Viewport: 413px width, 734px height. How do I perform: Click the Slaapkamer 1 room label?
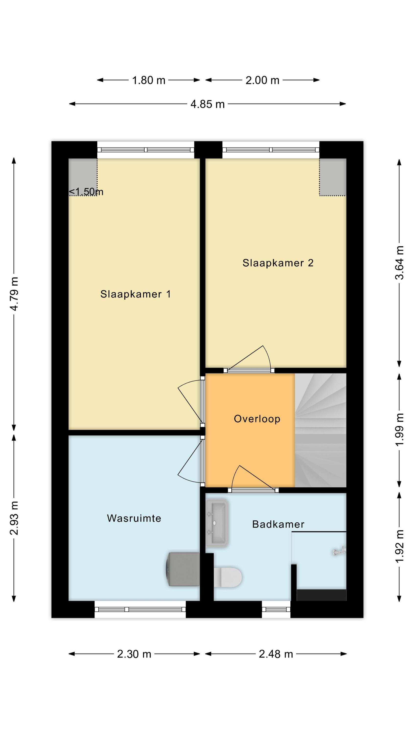point(135,294)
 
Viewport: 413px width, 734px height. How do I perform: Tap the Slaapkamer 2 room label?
point(278,263)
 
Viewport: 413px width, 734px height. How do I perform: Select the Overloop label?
point(257,419)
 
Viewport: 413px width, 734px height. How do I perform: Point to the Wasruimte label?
point(134,518)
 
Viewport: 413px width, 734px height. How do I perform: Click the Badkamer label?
point(278,524)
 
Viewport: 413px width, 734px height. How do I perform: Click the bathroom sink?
point(217,523)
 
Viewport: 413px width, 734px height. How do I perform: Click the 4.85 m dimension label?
point(207,104)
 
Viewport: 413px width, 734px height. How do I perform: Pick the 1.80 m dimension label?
point(149,80)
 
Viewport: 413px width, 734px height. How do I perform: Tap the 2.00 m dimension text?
point(262,80)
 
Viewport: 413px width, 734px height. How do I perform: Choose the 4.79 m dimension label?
point(14,294)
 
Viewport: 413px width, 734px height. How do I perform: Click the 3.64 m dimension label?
point(399,263)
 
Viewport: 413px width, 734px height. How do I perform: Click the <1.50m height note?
point(86,192)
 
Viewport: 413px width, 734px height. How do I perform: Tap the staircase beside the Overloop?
point(320,430)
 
